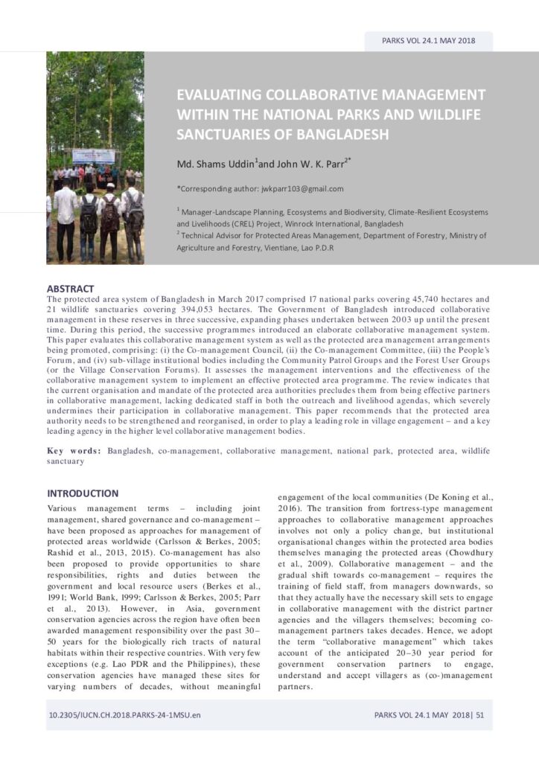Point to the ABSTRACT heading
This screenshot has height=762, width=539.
pyautogui.click(x=71, y=289)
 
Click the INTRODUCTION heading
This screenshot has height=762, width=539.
pyautogui.click(x=83, y=493)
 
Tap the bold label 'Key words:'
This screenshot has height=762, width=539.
pyautogui.click(x=75, y=451)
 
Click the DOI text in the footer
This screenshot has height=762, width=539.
pyautogui.click(x=124, y=716)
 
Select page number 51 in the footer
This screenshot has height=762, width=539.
pyautogui.click(x=480, y=716)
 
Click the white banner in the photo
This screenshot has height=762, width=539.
pyautogui.click(x=94, y=156)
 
